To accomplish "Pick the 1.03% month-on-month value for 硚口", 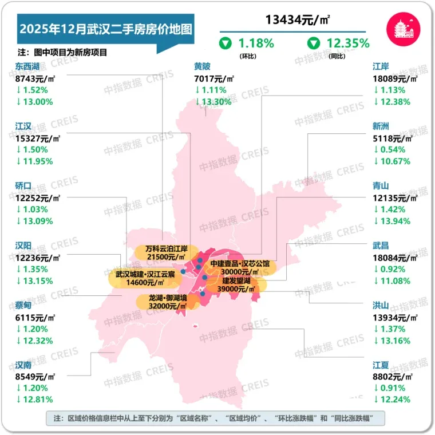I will [34, 209].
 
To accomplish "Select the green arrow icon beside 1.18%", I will [226, 43].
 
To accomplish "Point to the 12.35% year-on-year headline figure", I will [348, 42].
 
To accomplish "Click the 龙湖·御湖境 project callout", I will [168, 302].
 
